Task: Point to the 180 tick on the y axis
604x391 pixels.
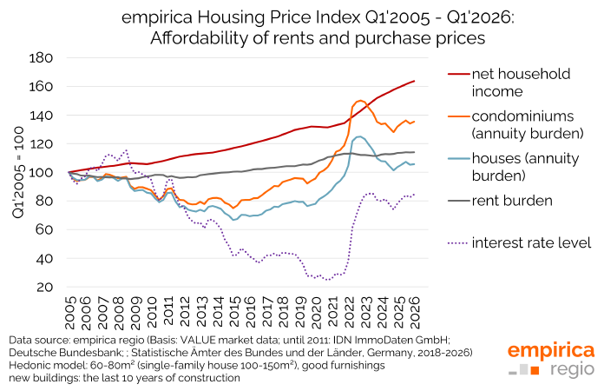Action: pos(41,57)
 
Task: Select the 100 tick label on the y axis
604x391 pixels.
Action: pos(41,172)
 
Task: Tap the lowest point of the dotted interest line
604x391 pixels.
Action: pos(327,280)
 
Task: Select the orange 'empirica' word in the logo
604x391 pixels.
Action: pos(551,350)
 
